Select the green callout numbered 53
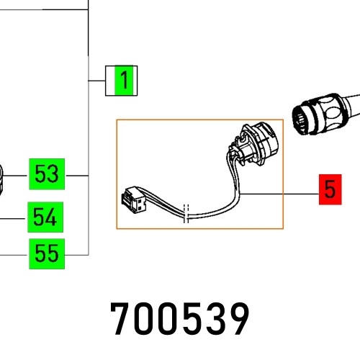pyautogui.click(x=46, y=174)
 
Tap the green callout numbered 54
pyautogui.click(x=46, y=216)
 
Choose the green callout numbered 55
pyautogui.click(x=46, y=253)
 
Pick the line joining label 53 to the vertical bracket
pyautogui.click(x=76, y=174)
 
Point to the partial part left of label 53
pyautogui.click(x=2, y=179)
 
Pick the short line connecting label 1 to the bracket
pyautogui.click(x=97, y=81)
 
